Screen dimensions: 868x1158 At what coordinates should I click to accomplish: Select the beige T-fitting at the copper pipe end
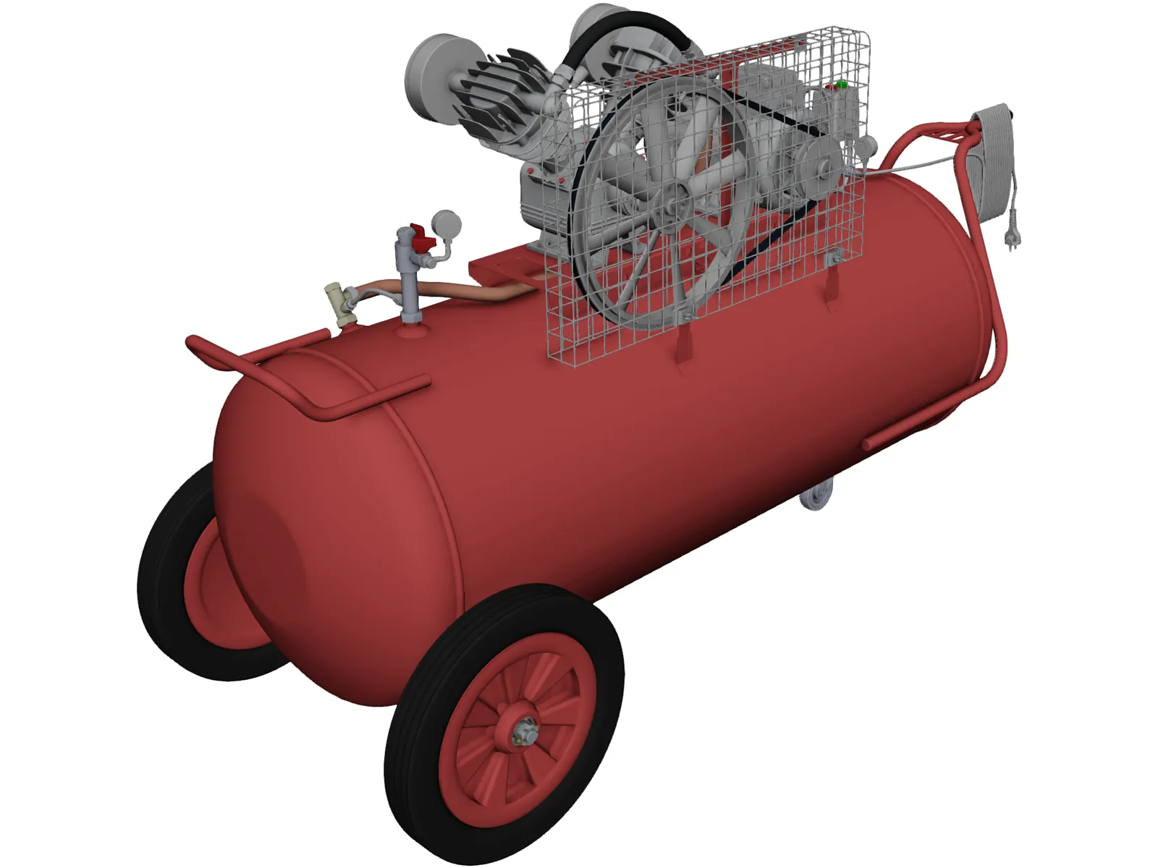[339, 303]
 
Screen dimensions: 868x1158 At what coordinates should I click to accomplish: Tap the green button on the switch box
[841, 85]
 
